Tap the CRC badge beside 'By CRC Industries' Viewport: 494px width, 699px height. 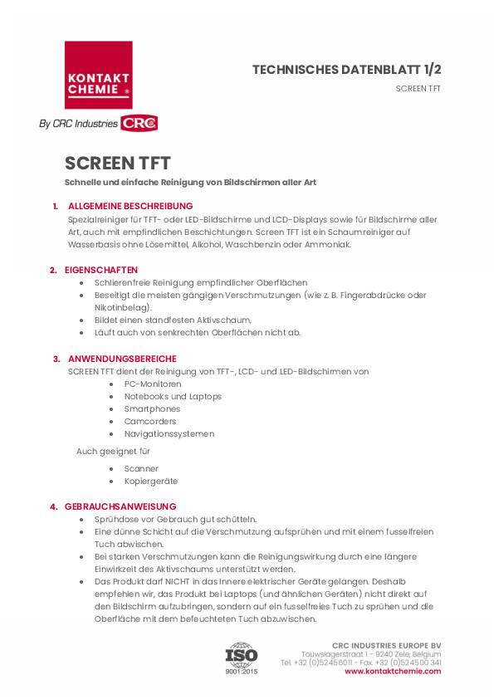tap(139, 124)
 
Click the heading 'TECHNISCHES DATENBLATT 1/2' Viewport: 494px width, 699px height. tap(346, 70)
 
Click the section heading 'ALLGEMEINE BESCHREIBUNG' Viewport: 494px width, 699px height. tap(130, 206)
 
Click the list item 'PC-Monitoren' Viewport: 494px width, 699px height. tap(153, 384)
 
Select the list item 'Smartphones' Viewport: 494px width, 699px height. tap(152, 408)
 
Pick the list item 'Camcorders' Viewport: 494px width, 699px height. tap(150, 421)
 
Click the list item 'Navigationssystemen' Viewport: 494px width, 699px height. tap(169, 433)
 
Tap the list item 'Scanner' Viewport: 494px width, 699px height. tap(141, 468)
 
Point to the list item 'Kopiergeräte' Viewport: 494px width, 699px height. tap(151, 481)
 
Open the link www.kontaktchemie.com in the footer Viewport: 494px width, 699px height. tap(393, 671)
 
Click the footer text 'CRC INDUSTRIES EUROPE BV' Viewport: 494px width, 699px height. tap(386, 645)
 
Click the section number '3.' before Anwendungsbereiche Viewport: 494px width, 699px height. tap(56, 359)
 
